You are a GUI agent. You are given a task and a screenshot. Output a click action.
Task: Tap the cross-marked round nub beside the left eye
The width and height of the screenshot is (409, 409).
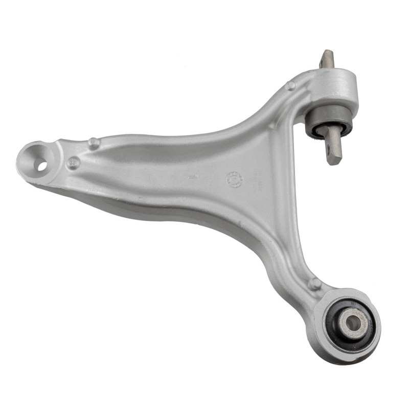click(74, 163)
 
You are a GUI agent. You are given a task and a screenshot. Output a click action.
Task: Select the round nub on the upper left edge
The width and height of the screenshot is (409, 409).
click(93, 143)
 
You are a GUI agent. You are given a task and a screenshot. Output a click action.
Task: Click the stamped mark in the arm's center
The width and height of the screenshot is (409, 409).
click(193, 177)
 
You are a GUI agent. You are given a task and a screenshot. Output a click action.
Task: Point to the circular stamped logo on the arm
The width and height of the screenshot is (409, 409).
click(234, 179)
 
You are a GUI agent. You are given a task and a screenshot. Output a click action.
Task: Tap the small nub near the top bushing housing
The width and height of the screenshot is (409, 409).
click(291, 86)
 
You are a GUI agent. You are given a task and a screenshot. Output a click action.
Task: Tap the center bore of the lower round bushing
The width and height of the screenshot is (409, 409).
click(353, 322)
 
